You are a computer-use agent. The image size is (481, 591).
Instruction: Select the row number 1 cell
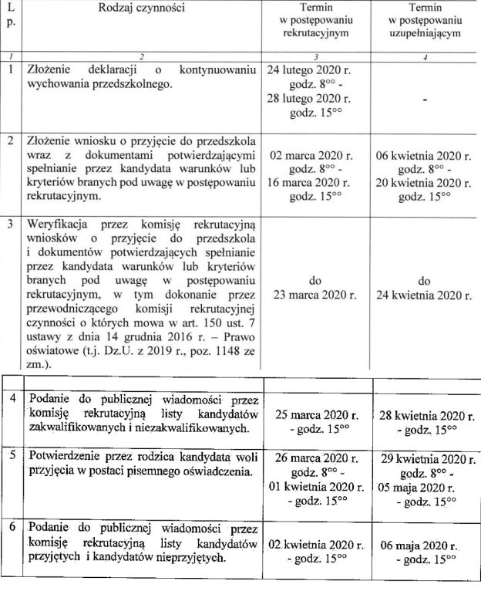(x=11, y=69)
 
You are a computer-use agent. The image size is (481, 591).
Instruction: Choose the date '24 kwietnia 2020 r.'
(x=423, y=294)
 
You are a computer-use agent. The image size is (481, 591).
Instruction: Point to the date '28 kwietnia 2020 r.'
(x=425, y=415)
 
